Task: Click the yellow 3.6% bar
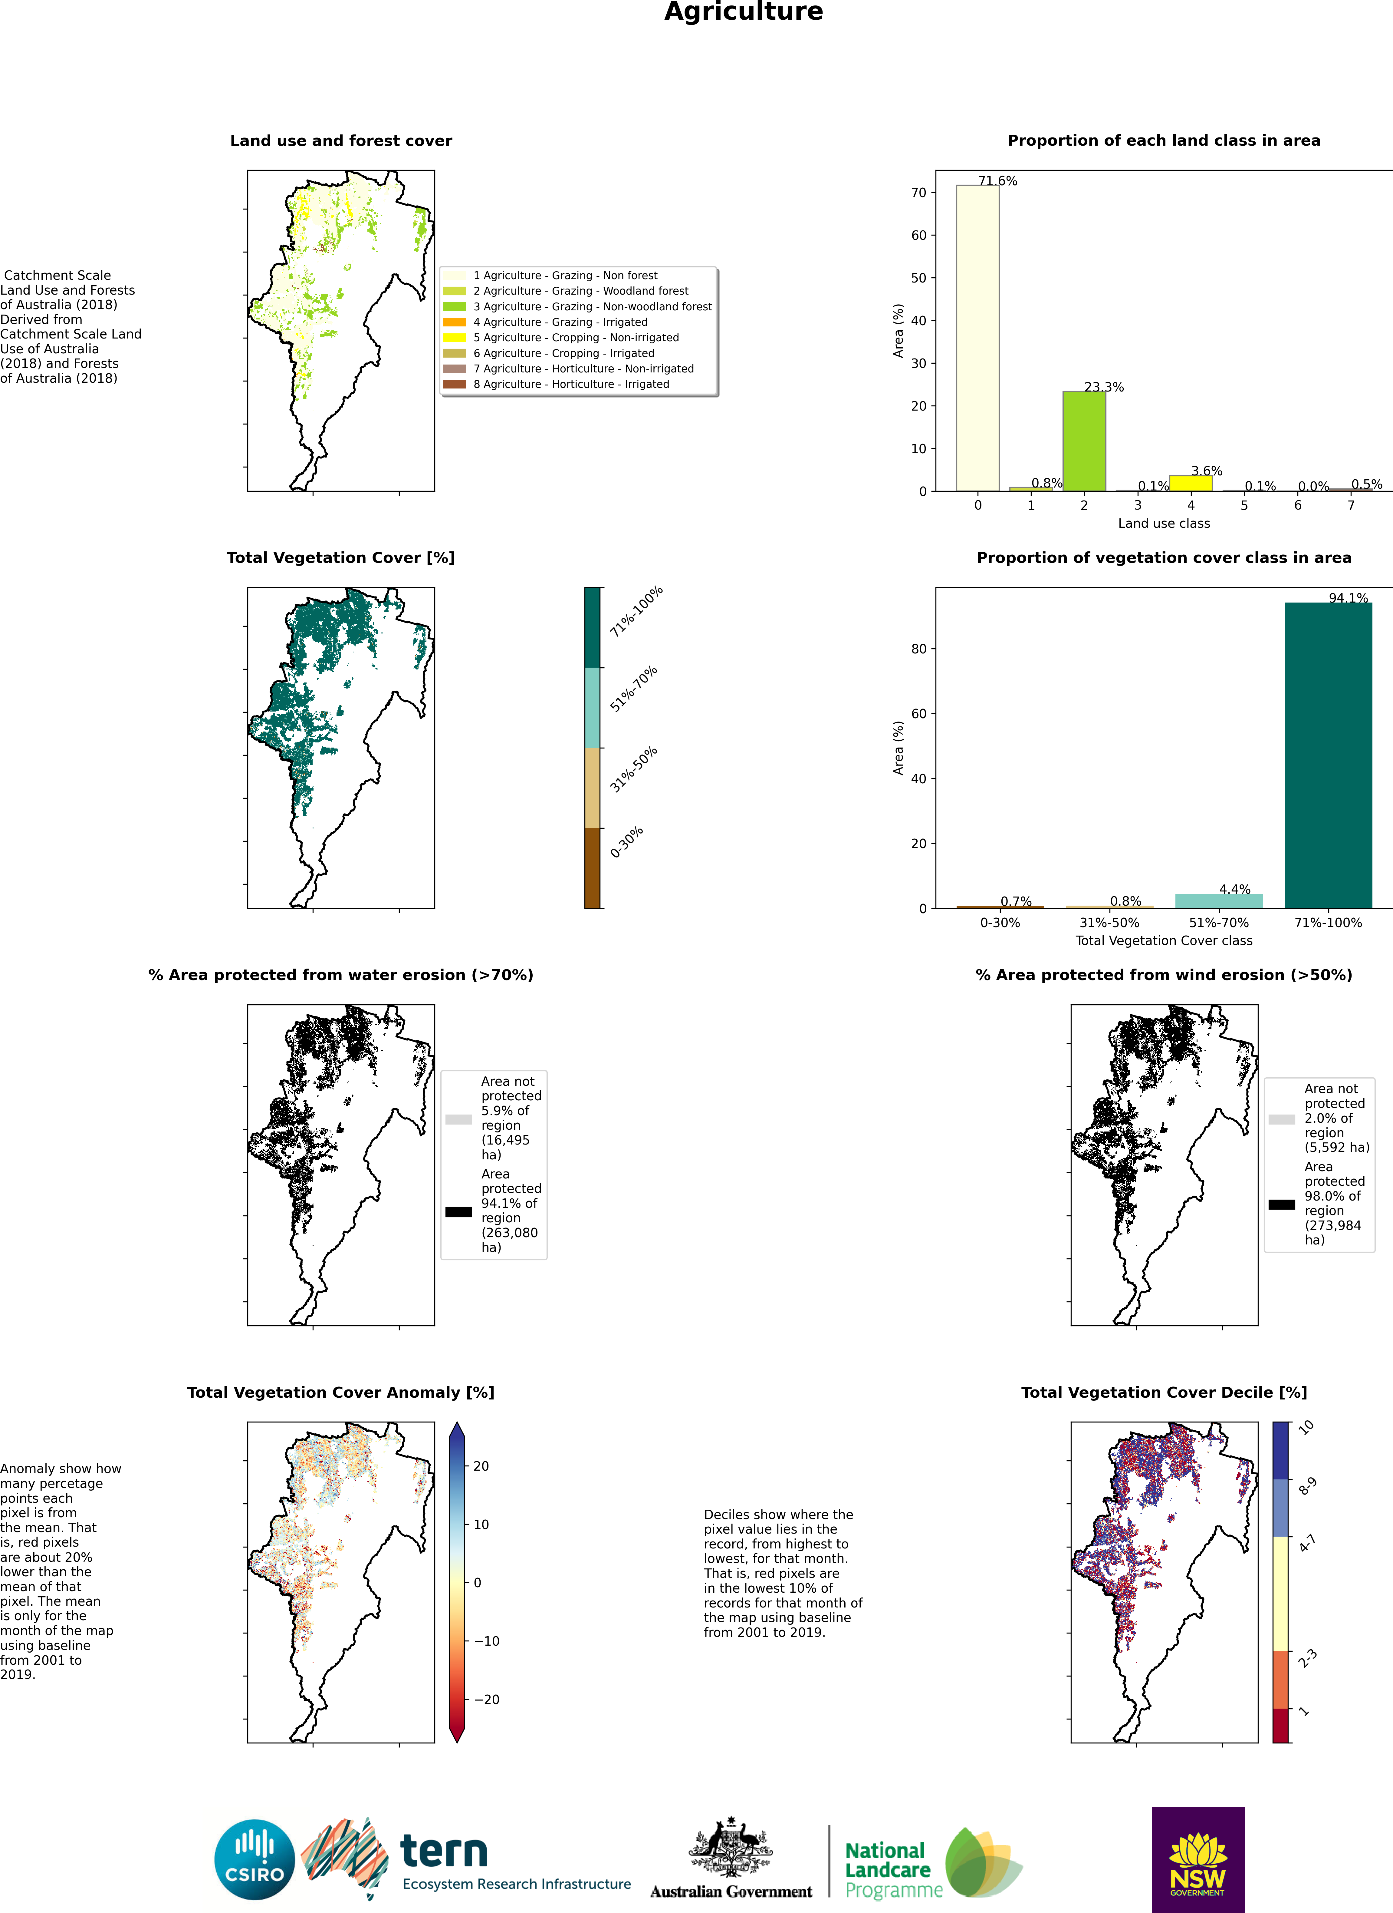1191,483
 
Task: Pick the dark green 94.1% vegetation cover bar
1328,755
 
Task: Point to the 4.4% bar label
1234,889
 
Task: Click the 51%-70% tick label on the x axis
1218,923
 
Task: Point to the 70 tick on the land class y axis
918,192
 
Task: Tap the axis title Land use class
1164,523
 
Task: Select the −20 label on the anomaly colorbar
487,1700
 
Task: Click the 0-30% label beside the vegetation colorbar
626,842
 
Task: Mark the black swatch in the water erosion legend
459,1212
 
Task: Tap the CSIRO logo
255,1859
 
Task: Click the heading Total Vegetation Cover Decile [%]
1164,1393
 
